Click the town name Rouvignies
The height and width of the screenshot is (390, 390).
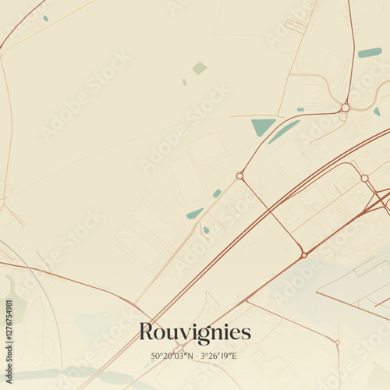[x=195, y=332]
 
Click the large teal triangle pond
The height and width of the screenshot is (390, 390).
[x=262, y=126]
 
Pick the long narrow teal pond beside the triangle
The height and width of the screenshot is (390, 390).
[x=283, y=131]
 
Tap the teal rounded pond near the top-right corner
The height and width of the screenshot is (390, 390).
[x=370, y=53]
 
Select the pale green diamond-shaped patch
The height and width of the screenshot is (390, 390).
[x=200, y=68]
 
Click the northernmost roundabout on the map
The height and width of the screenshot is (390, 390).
[x=345, y=108]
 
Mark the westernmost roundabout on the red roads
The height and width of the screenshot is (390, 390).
[x=239, y=175]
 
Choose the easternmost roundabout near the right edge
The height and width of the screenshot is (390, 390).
[x=364, y=178]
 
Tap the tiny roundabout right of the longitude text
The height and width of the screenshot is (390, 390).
[x=337, y=342]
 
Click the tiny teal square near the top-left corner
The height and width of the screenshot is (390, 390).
[x=45, y=18]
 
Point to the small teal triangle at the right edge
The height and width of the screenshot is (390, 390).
[x=377, y=112]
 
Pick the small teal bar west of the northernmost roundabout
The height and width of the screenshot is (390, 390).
[x=300, y=109]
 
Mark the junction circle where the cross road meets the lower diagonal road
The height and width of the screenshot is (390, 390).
[x=303, y=254]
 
